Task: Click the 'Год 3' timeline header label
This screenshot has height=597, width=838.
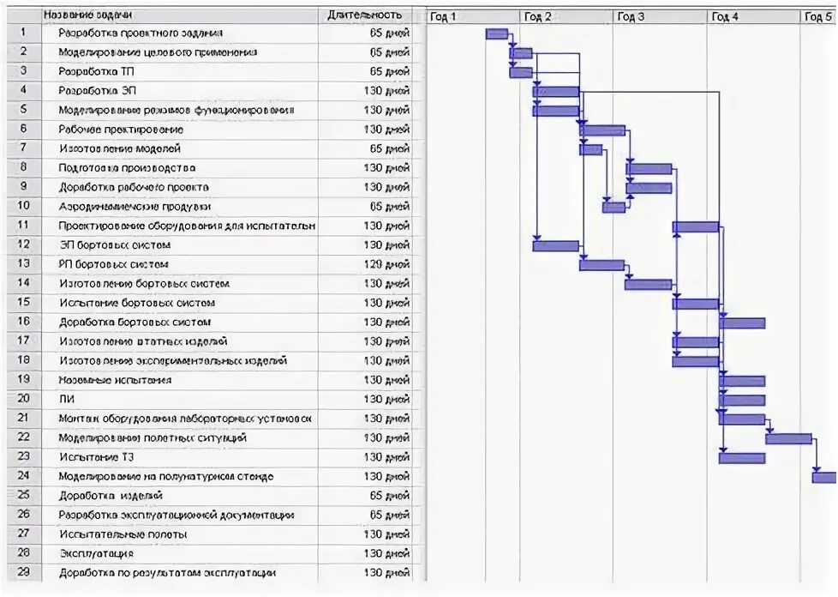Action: (631, 16)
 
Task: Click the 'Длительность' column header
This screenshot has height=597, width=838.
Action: (364, 15)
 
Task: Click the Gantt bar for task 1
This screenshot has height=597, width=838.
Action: (497, 33)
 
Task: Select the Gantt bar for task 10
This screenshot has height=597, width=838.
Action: (614, 207)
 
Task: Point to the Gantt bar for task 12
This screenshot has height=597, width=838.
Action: (555, 245)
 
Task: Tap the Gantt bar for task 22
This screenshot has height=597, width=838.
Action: (788, 438)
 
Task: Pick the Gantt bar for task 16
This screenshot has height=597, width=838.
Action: (742, 323)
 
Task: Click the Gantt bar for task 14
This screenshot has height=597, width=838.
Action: (648, 284)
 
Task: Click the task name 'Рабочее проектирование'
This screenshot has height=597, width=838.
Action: (121, 130)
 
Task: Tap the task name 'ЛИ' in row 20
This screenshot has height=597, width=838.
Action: (65, 399)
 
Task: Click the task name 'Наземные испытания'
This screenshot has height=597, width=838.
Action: (115, 380)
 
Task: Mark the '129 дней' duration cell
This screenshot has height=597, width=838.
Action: (386, 264)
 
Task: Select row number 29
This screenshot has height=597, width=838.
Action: (24, 572)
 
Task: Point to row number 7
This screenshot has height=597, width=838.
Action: (24, 148)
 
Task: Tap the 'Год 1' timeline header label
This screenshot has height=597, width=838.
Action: (443, 16)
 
